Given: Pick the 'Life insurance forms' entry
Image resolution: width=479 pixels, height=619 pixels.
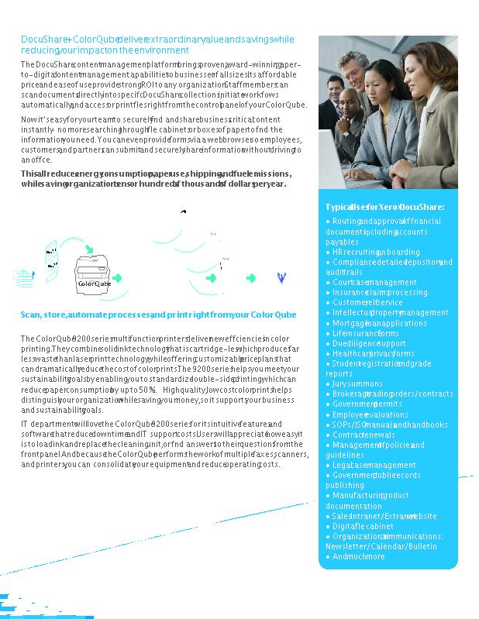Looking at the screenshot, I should pos(365,333).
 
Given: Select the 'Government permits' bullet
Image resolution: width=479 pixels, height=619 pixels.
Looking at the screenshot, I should pos(367,404).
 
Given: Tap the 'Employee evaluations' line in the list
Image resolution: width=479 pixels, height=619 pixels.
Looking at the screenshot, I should pos(370,414).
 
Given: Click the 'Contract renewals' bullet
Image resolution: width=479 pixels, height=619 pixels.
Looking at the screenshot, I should pos(367,435).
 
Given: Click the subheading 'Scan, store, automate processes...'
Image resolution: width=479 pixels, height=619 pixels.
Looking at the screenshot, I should pos(158,315).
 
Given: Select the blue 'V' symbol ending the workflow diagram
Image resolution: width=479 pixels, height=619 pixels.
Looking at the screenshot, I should pos(281,277).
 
